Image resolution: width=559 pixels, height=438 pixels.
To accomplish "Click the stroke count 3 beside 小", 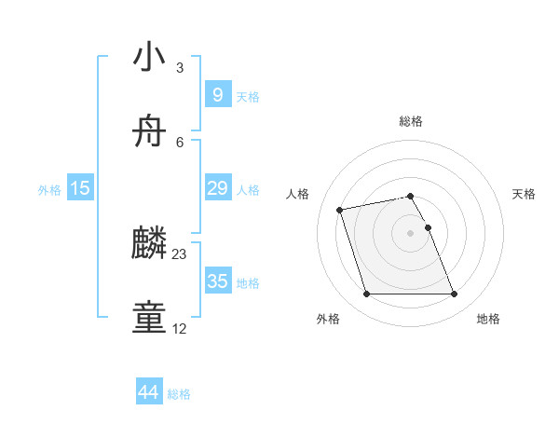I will [x=180, y=68].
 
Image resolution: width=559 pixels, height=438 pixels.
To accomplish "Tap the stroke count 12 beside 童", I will [x=180, y=329].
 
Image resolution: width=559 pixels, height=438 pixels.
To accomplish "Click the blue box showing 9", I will [x=217, y=95].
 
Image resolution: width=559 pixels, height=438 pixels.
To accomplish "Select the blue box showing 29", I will [x=217, y=188].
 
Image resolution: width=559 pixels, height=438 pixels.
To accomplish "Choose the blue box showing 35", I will [x=217, y=281].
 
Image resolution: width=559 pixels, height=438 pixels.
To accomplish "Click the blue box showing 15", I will [x=80, y=188].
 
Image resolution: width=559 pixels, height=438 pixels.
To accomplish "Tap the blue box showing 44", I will [x=148, y=392].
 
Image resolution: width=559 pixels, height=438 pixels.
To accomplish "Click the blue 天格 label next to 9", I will [x=248, y=97].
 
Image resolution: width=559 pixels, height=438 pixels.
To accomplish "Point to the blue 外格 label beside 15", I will [x=49, y=190].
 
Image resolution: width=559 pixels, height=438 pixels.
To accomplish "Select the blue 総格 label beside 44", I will [x=179, y=394].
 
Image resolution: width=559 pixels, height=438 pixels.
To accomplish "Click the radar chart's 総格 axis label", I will [x=411, y=121].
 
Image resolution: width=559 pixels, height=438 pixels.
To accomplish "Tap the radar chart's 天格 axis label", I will [x=525, y=194].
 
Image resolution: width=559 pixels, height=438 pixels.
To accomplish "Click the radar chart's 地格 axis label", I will [x=489, y=320].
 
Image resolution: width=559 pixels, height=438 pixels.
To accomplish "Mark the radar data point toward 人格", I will [x=340, y=209].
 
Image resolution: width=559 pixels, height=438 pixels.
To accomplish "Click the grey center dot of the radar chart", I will [x=411, y=232].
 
